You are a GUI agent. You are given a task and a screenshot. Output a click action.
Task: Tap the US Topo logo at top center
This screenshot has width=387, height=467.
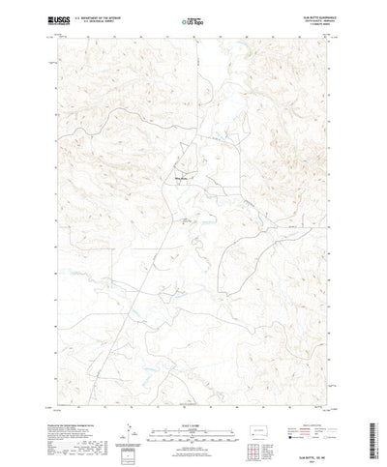193,19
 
